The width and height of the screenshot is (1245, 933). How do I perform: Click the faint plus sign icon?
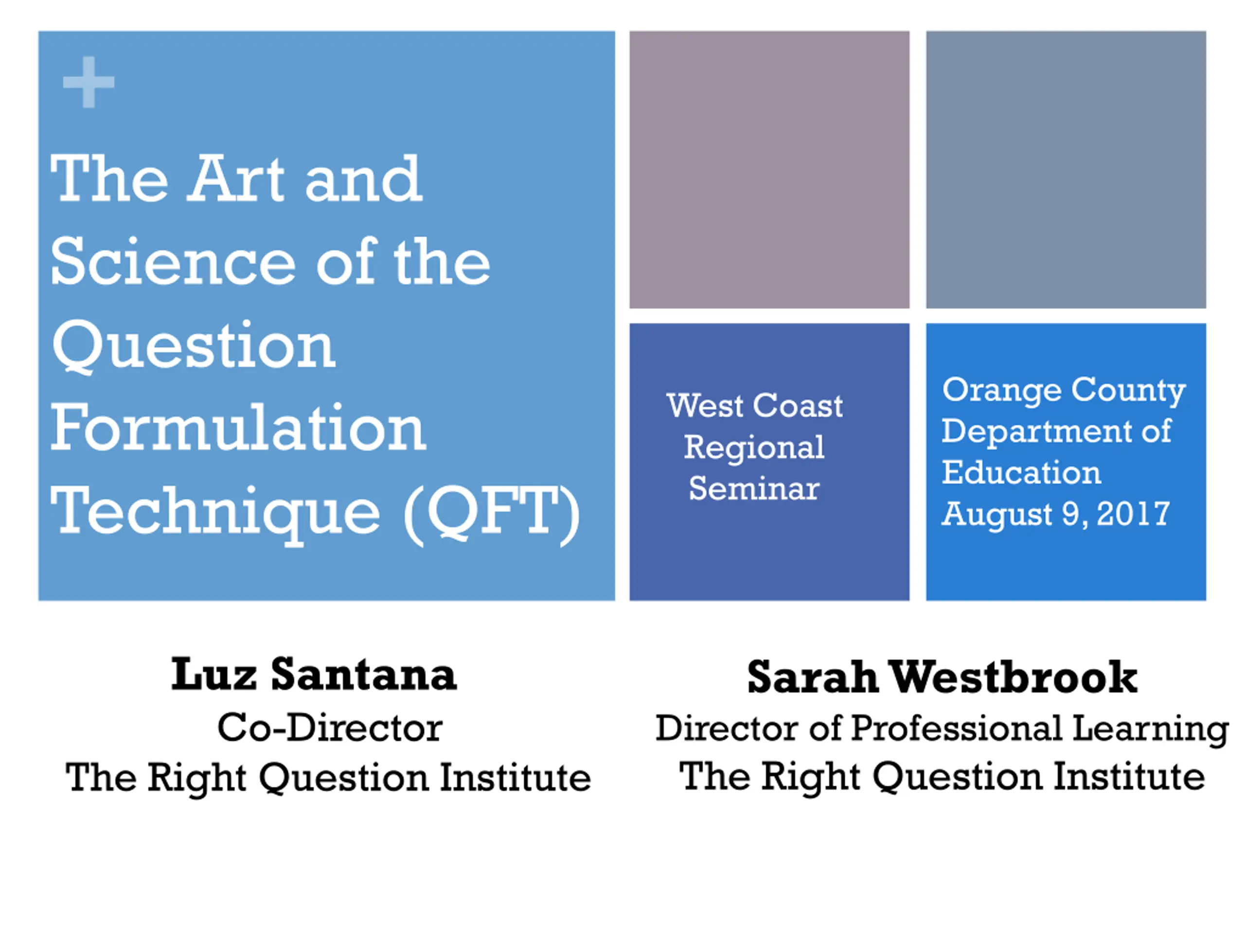point(89,82)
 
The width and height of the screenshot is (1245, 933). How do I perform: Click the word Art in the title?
point(236,179)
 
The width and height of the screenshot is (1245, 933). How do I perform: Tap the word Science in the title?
point(173,262)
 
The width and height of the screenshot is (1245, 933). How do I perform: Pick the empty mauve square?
point(769,170)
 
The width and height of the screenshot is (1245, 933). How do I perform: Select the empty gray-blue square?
point(1066,170)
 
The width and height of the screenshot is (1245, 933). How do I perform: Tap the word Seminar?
point(754,488)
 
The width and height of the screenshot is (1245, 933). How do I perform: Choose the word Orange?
point(1002,391)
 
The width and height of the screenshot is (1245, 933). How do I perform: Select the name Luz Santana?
point(314,675)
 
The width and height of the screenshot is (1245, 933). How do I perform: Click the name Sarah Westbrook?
point(942,677)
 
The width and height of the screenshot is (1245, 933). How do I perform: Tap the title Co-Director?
point(330,728)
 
